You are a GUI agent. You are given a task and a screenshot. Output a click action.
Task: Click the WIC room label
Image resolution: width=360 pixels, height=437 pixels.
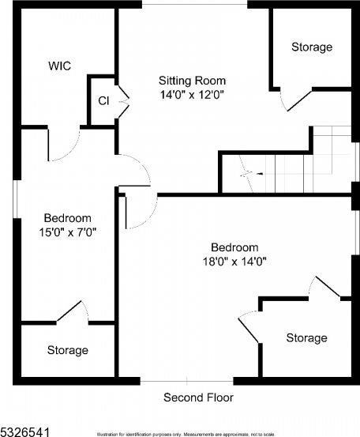coord(59,66)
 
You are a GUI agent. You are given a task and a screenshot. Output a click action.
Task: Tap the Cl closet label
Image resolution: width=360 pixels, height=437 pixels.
coord(103,100)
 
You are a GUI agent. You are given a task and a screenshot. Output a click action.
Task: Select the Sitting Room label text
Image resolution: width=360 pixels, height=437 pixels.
coord(192,81)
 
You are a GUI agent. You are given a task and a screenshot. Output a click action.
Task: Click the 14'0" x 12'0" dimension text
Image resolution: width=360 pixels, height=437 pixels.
coord(192,95)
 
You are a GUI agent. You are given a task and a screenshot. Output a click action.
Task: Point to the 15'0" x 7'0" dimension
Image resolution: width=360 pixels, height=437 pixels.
coord(67,232)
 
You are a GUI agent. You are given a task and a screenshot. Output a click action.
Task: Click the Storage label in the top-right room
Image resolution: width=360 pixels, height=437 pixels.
coord(312,47)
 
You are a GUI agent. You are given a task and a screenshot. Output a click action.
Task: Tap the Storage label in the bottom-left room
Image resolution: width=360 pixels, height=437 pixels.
coord(67,350)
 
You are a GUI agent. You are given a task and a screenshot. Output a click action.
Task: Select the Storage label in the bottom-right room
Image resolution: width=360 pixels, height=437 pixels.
coord(306,338)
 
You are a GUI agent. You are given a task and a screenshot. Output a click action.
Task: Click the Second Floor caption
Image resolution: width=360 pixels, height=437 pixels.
coord(198,397)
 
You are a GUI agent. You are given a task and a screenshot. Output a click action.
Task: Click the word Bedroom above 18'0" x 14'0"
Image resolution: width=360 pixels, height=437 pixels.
coord(234,247)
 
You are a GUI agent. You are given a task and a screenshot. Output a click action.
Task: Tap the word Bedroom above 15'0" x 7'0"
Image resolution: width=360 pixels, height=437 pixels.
coord(67,218)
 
